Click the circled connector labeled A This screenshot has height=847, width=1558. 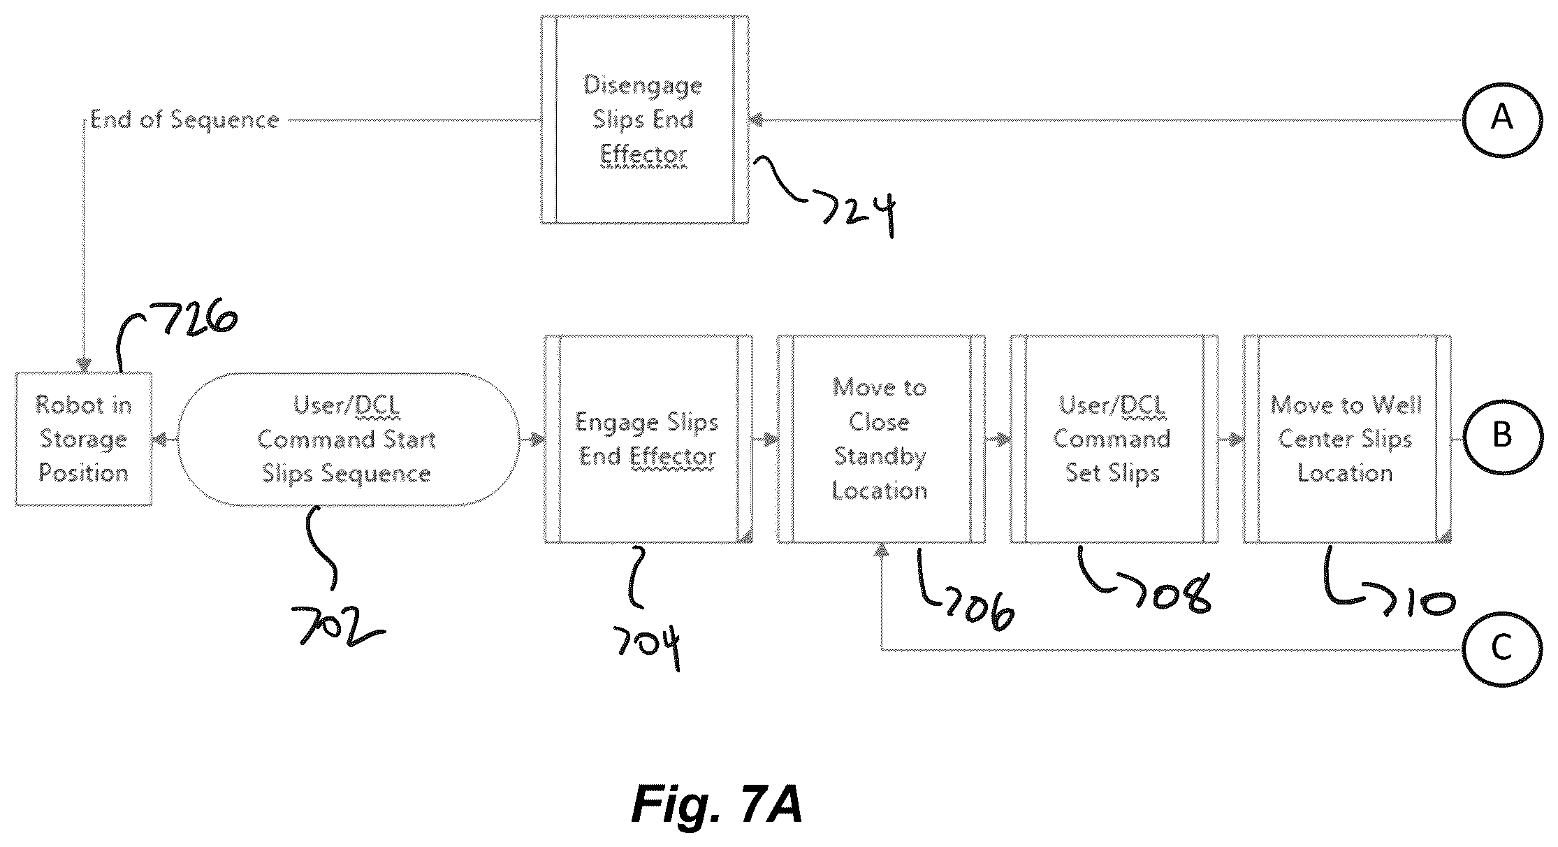[x=1501, y=119]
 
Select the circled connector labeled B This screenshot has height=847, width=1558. [x=1501, y=437]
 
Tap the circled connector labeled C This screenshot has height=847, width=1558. [x=1501, y=649]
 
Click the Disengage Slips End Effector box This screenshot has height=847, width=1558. [x=644, y=120]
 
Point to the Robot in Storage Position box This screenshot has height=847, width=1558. [x=84, y=439]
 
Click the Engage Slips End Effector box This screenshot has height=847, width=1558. [x=648, y=439]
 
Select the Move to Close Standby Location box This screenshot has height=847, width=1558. [x=881, y=439]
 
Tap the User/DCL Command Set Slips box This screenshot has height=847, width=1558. [x=1114, y=439]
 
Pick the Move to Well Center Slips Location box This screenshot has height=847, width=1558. [x=1347, y=439]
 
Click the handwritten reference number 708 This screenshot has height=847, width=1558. [x=1174, y=593]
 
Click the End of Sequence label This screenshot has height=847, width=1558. [x=184, y=120]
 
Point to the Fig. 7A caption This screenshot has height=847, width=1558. [x=717, y=805]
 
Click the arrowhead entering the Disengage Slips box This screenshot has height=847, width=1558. [x=755, y=120]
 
